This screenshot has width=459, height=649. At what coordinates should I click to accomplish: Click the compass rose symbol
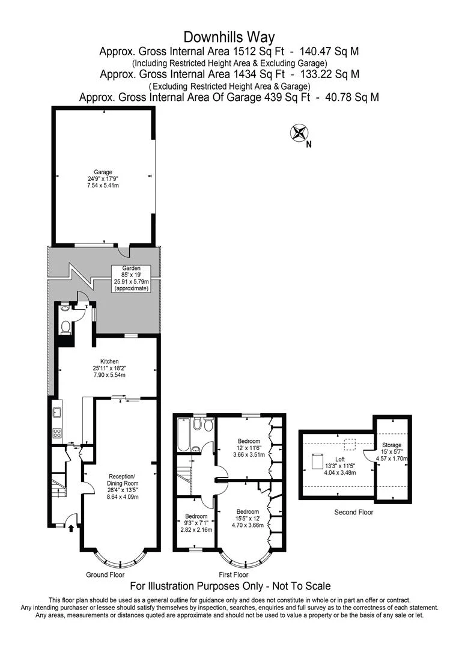297,133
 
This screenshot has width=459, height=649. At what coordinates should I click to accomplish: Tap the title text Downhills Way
229,38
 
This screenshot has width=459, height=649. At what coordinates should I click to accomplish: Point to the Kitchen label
109,361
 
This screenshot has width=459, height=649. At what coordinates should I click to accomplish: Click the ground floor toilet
65,327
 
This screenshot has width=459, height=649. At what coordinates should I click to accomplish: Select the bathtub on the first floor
182,434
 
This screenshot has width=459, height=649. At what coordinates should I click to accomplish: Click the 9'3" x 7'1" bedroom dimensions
196,523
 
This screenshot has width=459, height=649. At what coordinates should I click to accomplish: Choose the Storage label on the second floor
392,445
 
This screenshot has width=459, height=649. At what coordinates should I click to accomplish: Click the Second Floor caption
353,512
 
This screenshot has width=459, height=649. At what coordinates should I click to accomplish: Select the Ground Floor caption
105,574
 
